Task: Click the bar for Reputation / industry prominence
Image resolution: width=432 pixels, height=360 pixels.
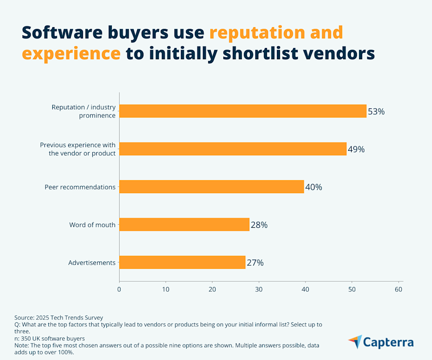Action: pos(243,111)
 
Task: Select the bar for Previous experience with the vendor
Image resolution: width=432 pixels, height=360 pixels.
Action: pos(233,149)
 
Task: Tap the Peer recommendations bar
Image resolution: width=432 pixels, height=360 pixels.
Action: pos(212,187)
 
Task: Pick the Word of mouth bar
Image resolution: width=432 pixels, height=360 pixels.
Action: pos(184,224)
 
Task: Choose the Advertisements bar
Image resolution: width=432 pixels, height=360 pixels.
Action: pos(182,262)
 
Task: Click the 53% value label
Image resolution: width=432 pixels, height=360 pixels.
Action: pos(376,112)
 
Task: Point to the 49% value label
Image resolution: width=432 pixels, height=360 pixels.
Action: pos(356,150)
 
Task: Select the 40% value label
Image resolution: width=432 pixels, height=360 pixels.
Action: pos(313,187)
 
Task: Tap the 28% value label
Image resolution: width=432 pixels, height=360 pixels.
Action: pos(259,225)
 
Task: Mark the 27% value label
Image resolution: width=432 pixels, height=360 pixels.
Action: pos(255,263)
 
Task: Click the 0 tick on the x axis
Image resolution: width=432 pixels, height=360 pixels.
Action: pos(119,289)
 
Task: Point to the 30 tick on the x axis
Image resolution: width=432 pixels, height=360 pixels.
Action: pos(259,289)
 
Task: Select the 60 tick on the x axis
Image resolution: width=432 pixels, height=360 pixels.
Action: pos(399,289)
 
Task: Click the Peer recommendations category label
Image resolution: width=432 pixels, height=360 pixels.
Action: pos(80,187)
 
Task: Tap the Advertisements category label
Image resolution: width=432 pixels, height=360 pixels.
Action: pos(92,263)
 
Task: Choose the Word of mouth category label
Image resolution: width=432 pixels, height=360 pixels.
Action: pos(92,225)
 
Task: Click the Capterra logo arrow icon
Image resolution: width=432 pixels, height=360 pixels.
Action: pos(355,341)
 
